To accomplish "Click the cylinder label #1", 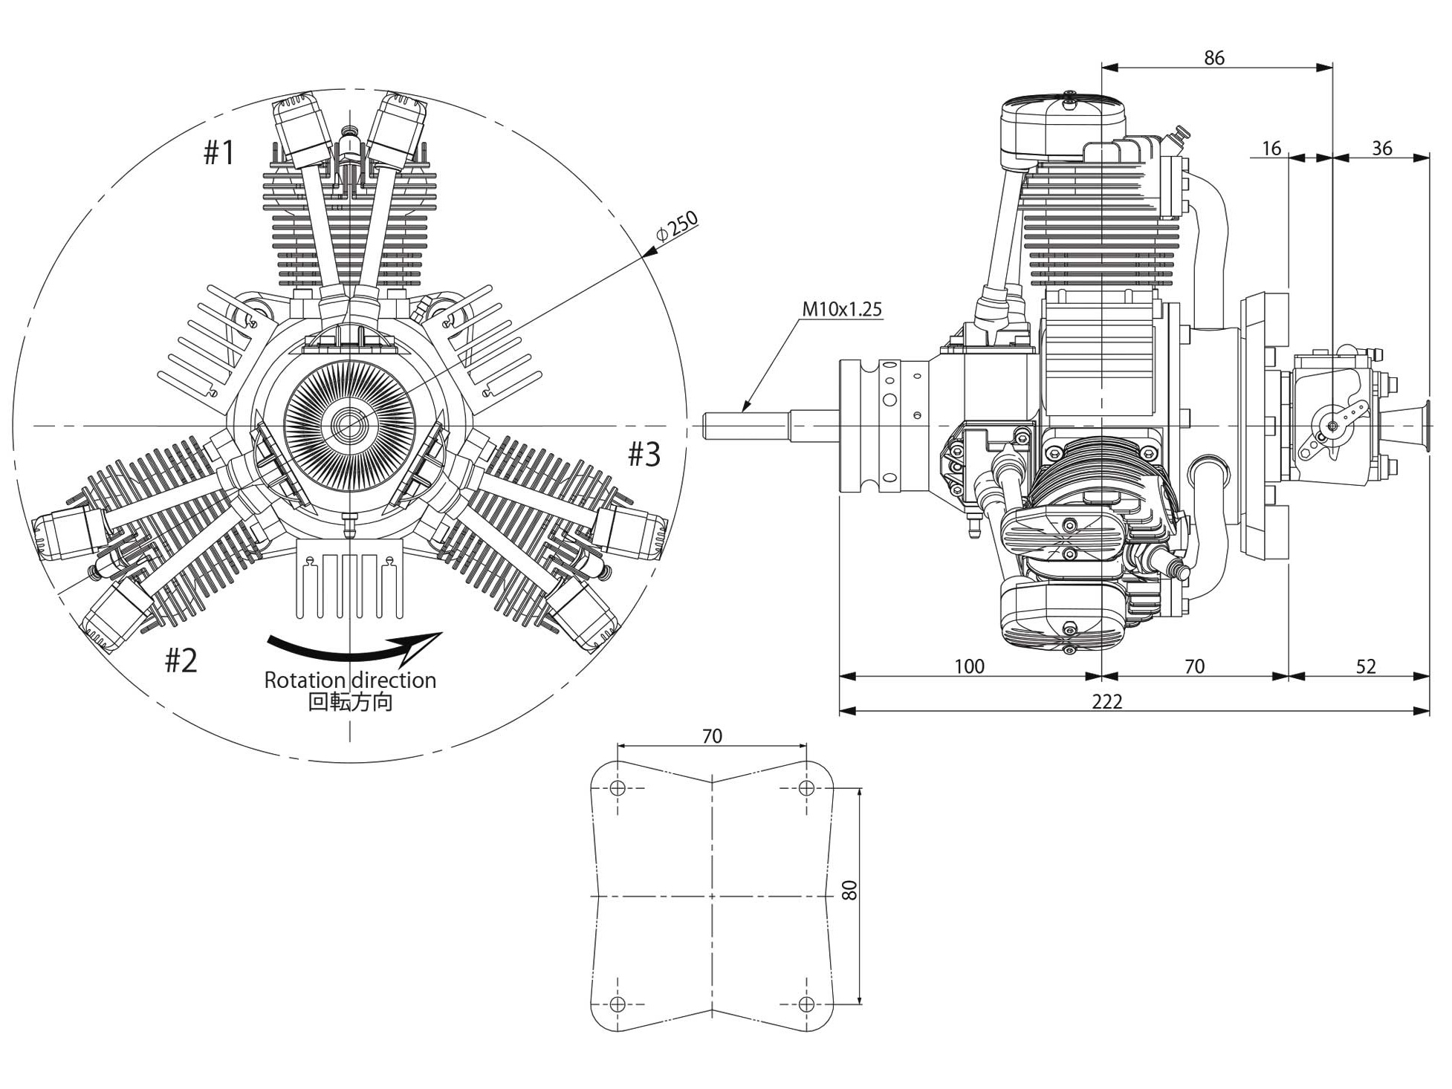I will [x=218, y=153].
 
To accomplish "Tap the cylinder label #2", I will [x=181, y=660].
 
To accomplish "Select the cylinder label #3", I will [x=644, y=454].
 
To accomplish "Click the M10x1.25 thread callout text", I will [x=842, y=309].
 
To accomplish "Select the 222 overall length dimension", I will [x=1106, y=701].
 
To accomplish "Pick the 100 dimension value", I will [x=969, y=666].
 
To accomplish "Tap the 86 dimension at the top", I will [x=1213, y=58].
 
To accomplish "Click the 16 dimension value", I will [x=1271, y=149].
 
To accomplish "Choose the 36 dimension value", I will [x=1381, y=149].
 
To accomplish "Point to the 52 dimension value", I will [x=1366, y=666].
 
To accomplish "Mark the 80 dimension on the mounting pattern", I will [x=851, y=890].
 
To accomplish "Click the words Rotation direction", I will [x=350, y=680].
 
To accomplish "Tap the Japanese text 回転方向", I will [x=350, y=702].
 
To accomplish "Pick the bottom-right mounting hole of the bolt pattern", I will [x=806, y=1004].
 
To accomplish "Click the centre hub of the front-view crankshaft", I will [x=349, y=426].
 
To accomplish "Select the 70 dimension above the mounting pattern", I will [x=711, y=735].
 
